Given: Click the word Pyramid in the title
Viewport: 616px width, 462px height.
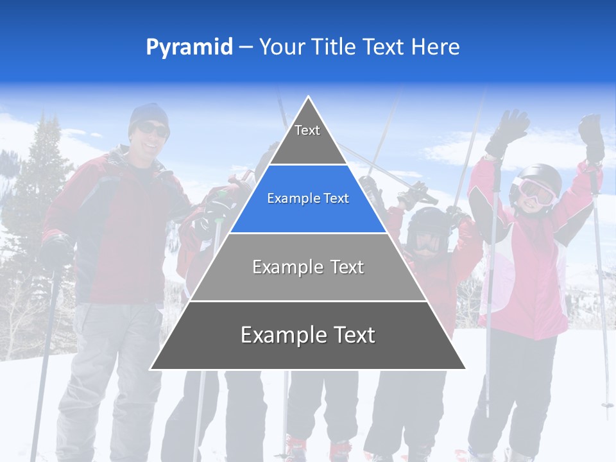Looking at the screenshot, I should (189, 47).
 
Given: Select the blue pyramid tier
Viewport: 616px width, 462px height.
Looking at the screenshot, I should (308, 199).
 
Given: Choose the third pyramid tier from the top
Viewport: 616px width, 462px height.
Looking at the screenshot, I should (308, 267).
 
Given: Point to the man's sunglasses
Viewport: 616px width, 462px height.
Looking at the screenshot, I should (153, 130).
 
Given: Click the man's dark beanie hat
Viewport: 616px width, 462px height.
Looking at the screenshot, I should (149, 114).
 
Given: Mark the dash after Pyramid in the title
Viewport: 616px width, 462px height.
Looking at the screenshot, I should (246, 47).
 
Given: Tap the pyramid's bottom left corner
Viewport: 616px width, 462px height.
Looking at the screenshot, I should (151, 368).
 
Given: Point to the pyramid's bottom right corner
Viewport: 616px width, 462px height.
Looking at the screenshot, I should (465, 368).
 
